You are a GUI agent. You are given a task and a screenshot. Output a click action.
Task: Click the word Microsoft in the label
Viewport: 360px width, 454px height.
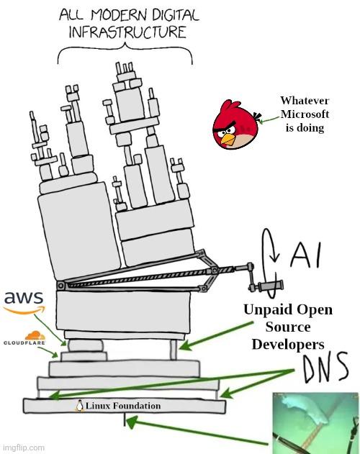click(305, 114)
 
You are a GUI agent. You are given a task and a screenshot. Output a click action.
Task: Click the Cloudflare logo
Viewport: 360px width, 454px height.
click(24, 338)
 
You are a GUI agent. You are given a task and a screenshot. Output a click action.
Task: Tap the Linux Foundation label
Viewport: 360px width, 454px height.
click(123, 406)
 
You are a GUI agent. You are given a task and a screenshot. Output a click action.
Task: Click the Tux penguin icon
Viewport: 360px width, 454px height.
click(80, 406)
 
